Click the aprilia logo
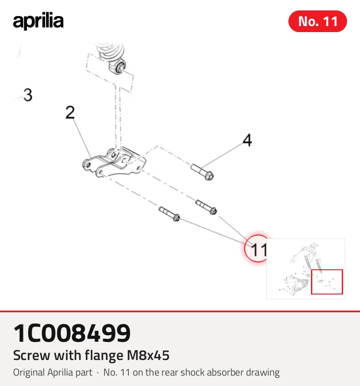[38, 21]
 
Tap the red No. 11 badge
[317, 21]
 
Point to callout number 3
[28, 95]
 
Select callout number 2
[70, 112]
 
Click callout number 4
[247, 140]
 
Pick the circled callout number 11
[258, 249]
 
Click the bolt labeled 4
[203, 172]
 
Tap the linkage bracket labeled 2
[114, 162]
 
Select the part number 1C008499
[72, 333]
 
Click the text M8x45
[148, 356]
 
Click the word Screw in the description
[32, 356]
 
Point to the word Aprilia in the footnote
[70, 373]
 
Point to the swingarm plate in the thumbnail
[299, 286]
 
